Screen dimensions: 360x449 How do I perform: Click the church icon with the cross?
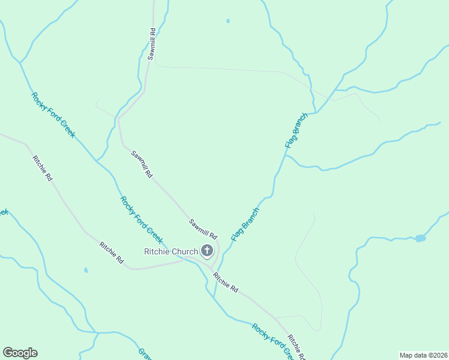207,251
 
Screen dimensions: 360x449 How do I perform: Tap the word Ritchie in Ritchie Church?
158,251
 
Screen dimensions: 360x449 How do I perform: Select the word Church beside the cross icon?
185,251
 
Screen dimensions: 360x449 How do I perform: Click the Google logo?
20,353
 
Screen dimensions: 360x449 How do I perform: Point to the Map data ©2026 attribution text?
423,355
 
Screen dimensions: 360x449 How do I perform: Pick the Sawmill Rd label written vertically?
152,44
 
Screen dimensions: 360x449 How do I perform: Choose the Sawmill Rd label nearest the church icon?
202,228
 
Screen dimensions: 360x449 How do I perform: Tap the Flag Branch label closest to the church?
245,224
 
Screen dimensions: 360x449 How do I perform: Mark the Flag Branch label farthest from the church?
295,130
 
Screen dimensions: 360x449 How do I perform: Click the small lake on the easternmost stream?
420,238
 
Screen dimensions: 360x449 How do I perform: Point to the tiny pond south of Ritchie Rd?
86,270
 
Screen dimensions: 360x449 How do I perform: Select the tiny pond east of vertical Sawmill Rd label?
228,21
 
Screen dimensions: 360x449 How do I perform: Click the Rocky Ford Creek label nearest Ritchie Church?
141,221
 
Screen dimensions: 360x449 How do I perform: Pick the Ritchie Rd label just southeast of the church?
225,282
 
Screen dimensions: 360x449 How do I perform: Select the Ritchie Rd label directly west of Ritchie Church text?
112,253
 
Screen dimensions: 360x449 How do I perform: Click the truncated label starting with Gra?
144,354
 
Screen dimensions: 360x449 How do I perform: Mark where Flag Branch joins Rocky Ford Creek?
214,298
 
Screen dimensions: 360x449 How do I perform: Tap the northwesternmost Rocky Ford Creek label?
53,115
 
